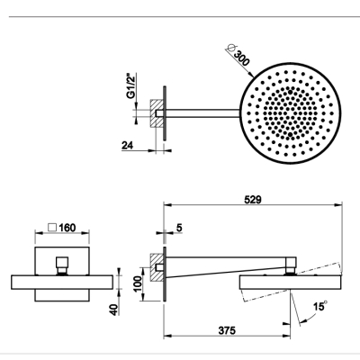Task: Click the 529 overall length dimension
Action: pos(253,200)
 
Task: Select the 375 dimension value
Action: pos(227,330)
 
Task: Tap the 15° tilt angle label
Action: pos(319,306)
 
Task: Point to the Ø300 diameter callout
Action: pos(238,55)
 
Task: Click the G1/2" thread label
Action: pos(130,86)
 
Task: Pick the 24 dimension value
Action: pos(127,146)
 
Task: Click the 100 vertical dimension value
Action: pos(139,284)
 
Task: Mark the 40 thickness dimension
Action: pos(114,310)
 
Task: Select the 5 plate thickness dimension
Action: pos(179,228)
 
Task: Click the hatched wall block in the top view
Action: pos(157,113)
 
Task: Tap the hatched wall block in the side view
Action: pos(157,267)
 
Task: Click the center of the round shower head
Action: pos(291,113)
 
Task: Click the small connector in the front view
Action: pos(62,265)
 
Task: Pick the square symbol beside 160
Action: pos(52,228)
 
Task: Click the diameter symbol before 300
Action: pos(231,48)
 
